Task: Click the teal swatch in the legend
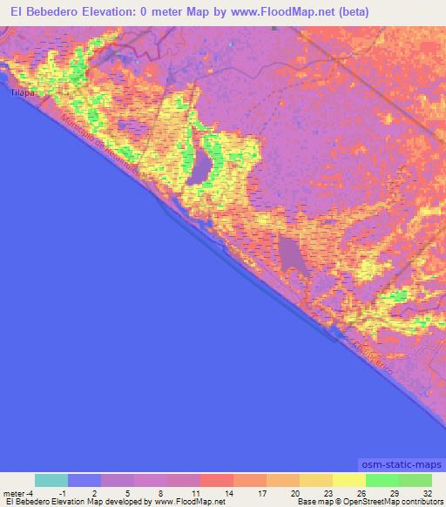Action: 51,480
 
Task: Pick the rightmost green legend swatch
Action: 416,480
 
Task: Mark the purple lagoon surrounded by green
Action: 204,163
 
